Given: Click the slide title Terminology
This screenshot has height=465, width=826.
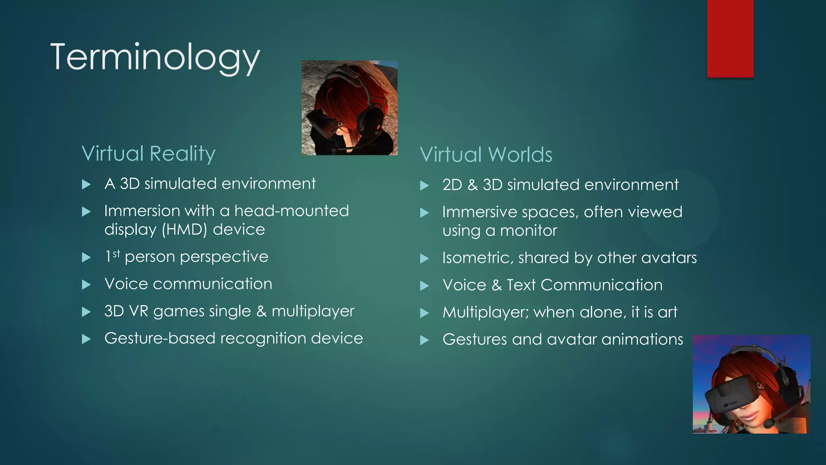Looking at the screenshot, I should [x=155, y=57].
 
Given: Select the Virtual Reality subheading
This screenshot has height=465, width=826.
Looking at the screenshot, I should [x=148, y=153].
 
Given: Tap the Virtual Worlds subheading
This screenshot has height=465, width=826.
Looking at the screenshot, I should [x=486, y=155].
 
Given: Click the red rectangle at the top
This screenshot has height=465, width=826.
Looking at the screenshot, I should [x=730, y=38].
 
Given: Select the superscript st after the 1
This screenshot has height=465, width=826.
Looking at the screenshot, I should [x=116, y=253].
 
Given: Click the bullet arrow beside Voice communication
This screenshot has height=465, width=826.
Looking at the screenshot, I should [x=86, y=285].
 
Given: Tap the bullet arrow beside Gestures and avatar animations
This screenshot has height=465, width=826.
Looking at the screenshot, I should [x=424, y=340].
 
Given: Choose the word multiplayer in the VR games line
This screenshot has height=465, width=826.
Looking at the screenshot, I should [x=313, y=311].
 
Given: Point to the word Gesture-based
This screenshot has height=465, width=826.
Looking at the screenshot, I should [x=160, y=338].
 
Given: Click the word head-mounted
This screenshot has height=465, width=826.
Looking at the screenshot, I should [x=292, y=211].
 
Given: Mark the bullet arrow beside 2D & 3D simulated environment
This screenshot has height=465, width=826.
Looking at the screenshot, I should [x=424, y=186].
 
